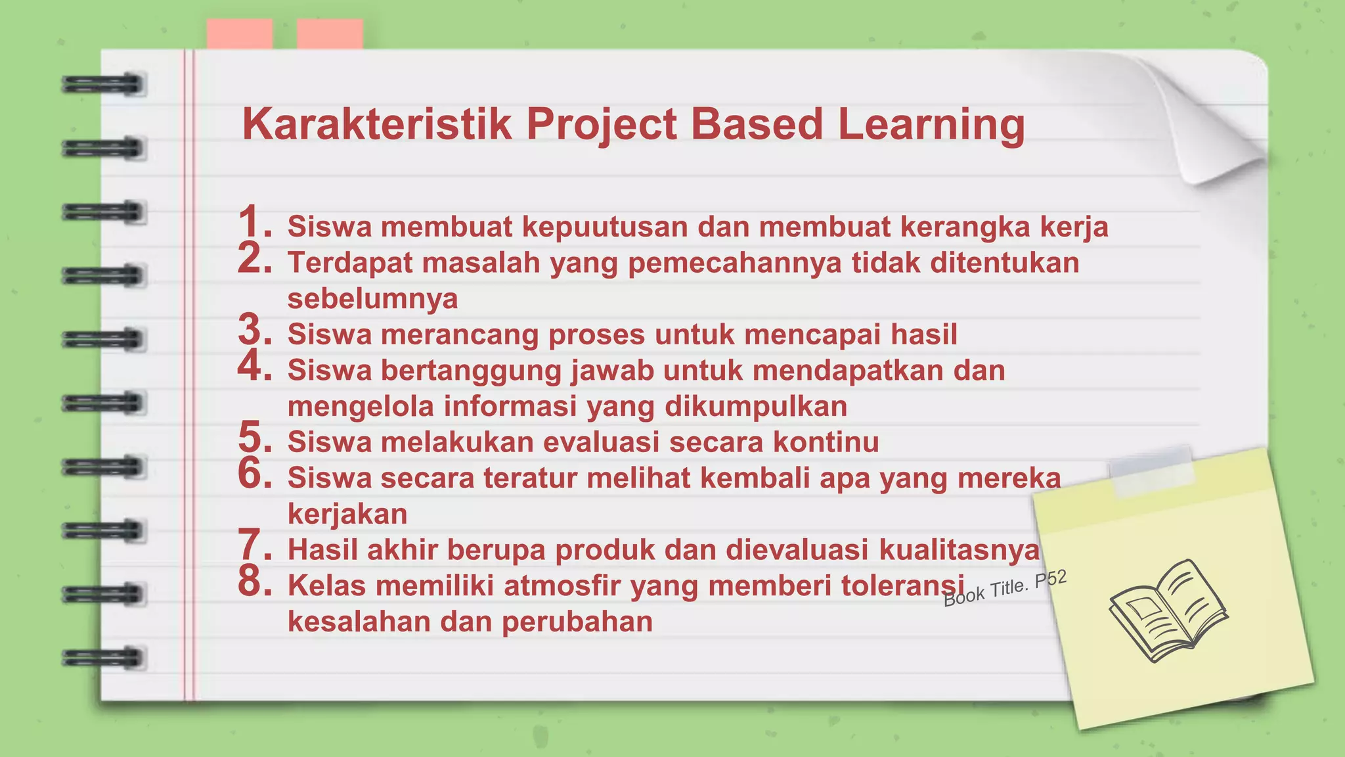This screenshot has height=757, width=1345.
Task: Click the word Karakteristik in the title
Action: click(x=376, y=124)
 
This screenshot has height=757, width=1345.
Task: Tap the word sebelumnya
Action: click(x=372, y=298)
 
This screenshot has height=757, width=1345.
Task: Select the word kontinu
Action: click(x=826, y=442)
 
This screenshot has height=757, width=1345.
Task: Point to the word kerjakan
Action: click(x=347, y=513)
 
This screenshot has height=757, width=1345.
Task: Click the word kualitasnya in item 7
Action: click(x=959, y=549)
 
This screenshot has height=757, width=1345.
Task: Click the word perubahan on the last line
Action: click(x=577, y=622)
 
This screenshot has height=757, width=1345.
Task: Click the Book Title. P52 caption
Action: click(x=1005, y=589)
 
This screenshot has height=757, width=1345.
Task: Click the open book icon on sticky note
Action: click(x=1168, y=611)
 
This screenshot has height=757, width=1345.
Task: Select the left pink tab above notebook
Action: click(x=240, y=34)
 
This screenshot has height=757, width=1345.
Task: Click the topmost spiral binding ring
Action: click(x=103, y=85)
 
